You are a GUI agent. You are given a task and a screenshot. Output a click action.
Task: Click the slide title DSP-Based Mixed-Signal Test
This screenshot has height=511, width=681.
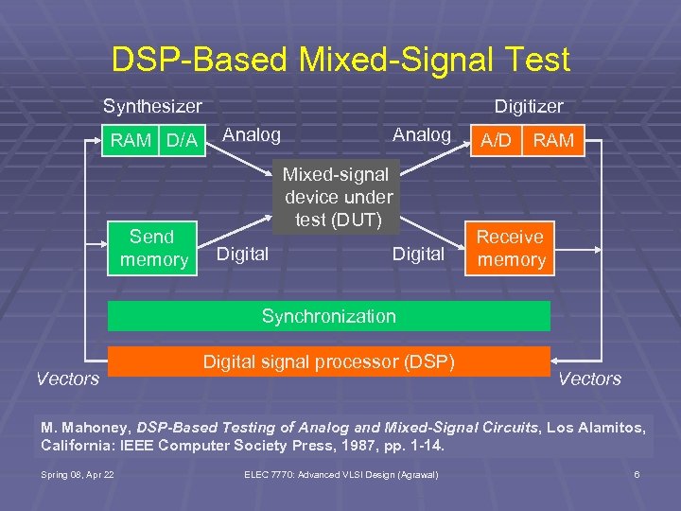pyautogui.click(x=340, y=60)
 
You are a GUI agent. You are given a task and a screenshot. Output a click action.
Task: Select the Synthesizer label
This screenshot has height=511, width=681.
pyautogui.click(x=152, y=106)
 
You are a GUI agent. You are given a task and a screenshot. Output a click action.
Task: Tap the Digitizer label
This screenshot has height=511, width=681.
pyautogui.click(x=529, y=107)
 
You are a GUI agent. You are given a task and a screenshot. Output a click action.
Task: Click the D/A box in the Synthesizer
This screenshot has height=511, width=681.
pyautogui.click(x=181, y=141)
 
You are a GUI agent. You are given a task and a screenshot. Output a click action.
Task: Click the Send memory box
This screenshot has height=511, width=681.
pyautogui.click(x=152, y=248)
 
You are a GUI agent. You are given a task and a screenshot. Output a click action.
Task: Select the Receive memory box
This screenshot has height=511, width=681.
pyautogui.click(x=511, y=248)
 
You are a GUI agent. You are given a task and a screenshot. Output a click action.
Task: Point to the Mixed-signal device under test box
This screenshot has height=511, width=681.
pyautogui.click(x=339, y=197)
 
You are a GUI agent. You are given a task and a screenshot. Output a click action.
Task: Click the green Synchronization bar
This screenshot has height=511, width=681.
pyautogui.click(x=328, y=316)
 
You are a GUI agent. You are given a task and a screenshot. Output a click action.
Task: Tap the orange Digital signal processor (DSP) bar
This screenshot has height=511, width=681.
pyautogui.click(x=328, y=361)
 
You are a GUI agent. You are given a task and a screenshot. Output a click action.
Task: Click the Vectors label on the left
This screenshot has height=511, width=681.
pyautogui.click(x=67, y=379)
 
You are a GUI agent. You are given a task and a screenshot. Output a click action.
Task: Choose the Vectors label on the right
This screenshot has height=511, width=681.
pyautogui.click(x=589, y=379)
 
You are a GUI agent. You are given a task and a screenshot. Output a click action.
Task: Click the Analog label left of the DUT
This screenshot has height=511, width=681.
pyautogui.click(x=252, y=135)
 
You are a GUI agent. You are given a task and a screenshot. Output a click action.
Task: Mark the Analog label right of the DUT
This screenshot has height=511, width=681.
pyautogui.click(x=422, y=135)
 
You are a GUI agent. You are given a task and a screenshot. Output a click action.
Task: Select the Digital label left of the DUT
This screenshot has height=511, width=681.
pyautogui.click(x=243, y=254)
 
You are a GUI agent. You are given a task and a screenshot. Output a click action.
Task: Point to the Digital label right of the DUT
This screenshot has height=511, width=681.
pyautogui.click(x=418, y=254)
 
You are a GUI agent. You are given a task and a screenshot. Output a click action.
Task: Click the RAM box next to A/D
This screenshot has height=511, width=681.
pyautogui.click(x=553, y=141)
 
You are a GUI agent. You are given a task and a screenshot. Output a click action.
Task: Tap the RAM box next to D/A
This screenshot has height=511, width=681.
pyautogui.click(x=131, y=141)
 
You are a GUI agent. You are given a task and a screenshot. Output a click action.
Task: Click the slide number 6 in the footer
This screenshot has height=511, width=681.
pyautogui.click(x=637, y=474)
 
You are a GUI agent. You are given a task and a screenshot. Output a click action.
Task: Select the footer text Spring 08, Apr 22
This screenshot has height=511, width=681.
pyautogui.click(x=79, y=474)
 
